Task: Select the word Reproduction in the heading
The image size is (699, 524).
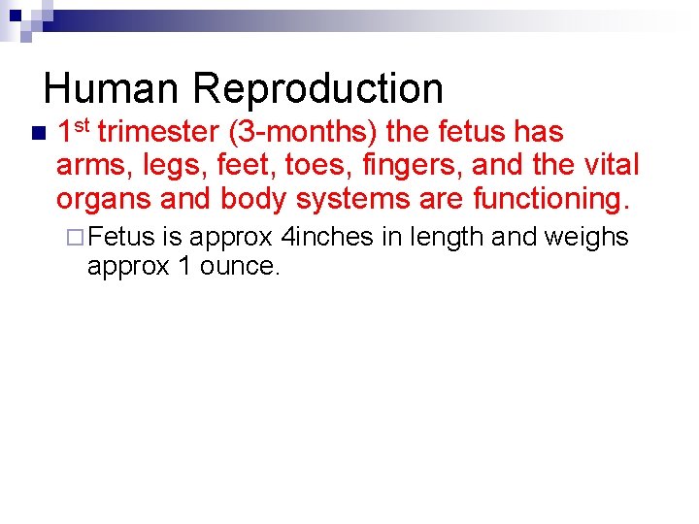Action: [x=318, y=89]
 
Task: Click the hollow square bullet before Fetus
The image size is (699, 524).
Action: [x=78, y=237]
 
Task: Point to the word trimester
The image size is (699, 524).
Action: [x=158, y=132]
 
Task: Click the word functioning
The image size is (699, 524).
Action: [x=550, y=199]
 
